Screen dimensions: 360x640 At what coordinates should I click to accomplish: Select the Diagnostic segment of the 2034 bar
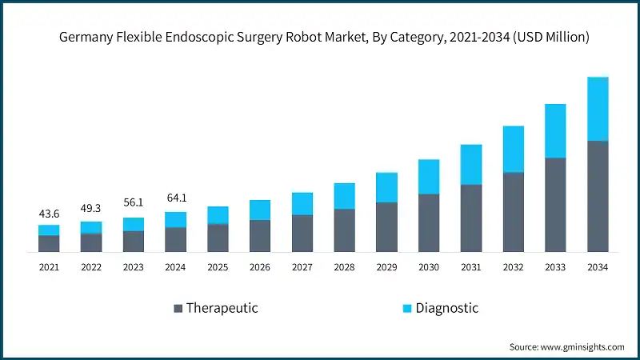pyautogui.click(x=598, y=109)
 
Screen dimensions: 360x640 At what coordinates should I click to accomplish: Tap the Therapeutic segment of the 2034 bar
pyautogui.click(x=598, y=196)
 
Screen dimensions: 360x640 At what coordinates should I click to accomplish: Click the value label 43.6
pyautogui.click(x=49, y=214)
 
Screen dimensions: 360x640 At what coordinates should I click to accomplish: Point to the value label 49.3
pyautogui.click(x=91, y=209)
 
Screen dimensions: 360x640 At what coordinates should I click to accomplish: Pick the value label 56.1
pyautogui.click(x=134, y=203)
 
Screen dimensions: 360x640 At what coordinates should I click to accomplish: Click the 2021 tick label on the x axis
pyautogui.click(x=49, y=267)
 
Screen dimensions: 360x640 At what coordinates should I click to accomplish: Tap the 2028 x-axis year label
pyautogui.click(x=344, y=267)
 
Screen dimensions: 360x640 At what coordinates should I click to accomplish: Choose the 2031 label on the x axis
pyautogui.click(x=471, y=267)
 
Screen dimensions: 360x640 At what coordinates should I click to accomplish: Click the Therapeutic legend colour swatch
pyautogui.click(x=178, y=308)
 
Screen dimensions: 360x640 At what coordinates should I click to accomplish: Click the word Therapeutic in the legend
pyautogui.click(x=222, y=308)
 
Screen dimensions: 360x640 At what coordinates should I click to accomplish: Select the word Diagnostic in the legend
pyautogui.click(x=446, y=308)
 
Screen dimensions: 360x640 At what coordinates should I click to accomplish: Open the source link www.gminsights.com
pyautogui.click(x=583, y=346)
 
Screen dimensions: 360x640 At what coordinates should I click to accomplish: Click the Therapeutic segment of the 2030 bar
pyautogui.click(x=429, y=222)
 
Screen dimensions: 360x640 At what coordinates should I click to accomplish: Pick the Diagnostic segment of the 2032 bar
pyautogui.click(x=514, y=149)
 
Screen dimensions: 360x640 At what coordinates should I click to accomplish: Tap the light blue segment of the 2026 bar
pyautogui.click(x=260, y=210)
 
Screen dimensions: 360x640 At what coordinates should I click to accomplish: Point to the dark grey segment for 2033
pyautogui.click(x=555, y=205)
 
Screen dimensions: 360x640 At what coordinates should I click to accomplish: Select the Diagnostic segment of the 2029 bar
pyautogui.click(x=386, y=187)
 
